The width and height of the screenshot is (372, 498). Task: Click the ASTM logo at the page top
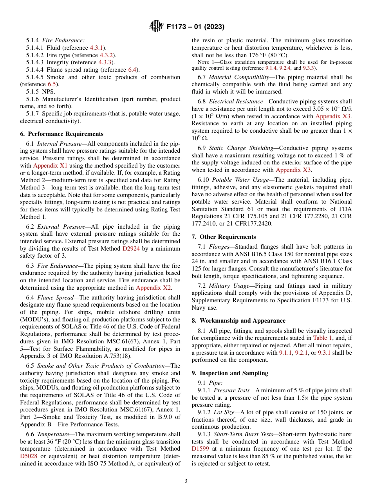click(x=157, y=27)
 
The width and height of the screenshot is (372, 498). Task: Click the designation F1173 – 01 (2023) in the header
click(x=195, y=27)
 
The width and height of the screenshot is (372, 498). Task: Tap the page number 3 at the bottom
click(x=186, y=481)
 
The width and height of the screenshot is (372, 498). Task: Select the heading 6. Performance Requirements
click(x=61, y=134)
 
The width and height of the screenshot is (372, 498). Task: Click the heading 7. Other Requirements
click(x=224, y=237)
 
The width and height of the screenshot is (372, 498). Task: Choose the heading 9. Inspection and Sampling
click(x=230, y=373)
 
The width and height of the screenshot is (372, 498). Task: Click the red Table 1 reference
click(x=323, y=338)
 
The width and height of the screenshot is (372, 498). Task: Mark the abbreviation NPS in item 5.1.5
click(x=48, y=92)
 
